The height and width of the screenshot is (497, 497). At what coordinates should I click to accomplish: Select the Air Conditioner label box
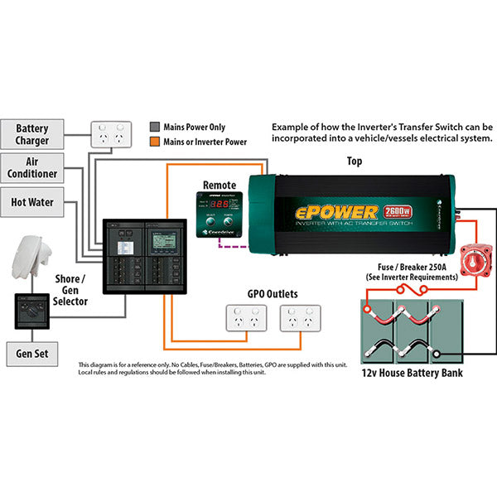pyautogui.click(x=32, y=169)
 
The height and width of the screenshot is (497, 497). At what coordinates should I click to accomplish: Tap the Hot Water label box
pyautogui.click(x=32, y=201)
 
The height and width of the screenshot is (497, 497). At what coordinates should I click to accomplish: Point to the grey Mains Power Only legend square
pyautogui.click(x=154, y=128)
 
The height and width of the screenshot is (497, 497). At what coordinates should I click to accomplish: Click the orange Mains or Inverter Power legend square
pyautogui.click(x=154, y=142)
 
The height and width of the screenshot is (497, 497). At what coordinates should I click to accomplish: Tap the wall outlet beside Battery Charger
pyautogui.click(x=111, y=133)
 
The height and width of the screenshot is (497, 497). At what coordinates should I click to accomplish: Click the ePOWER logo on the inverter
pyautogui.click(x=337, y=212)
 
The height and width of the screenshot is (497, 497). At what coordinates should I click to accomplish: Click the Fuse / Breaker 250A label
pyautogui.click(x=412, y=272)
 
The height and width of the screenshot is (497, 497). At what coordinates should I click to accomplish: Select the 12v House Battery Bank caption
pyautogui.click(x=413, y=373)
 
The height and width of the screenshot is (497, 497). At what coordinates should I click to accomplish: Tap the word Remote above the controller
pyautogui.click(x=220, y=185)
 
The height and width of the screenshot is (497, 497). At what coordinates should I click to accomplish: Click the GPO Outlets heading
pyautogui.click(x=273, y=293)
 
